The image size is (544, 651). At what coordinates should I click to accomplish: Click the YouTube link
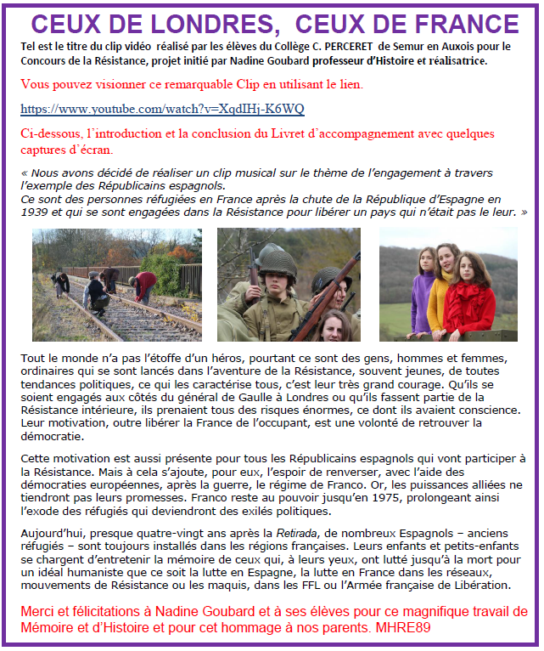[161, 110]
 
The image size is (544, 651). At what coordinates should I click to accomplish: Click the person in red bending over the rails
[145, 283]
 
